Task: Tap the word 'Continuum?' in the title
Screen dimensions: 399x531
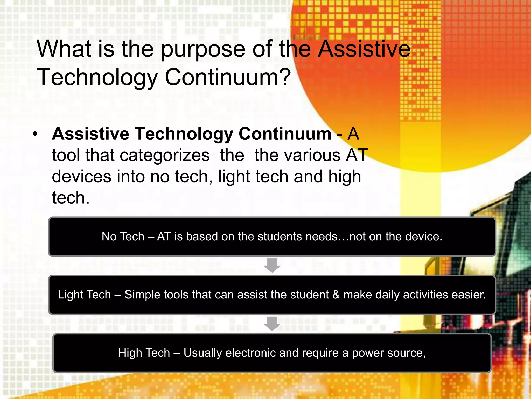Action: (228, 77)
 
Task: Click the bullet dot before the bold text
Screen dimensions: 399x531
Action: (35, 134)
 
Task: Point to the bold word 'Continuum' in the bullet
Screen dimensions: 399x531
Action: (285, 134)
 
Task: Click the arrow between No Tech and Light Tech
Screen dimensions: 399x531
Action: (272, 265)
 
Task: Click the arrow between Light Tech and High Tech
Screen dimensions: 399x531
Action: (272, 324)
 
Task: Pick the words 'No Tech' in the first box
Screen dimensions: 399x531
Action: (123, 237)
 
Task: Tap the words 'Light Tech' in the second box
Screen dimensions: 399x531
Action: (84, 295)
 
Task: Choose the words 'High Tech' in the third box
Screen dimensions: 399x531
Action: (144, 353)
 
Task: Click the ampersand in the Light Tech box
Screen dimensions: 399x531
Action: (336, 295)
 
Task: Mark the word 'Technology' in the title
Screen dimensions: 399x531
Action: (97, 77)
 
